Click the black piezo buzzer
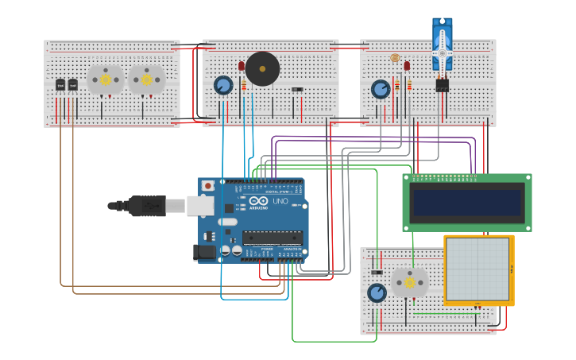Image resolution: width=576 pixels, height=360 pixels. click(262, 69)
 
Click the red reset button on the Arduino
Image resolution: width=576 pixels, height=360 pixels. click(208, 186)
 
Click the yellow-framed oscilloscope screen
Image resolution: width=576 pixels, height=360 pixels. click(477, 269)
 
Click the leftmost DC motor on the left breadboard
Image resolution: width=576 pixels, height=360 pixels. click(105, 79)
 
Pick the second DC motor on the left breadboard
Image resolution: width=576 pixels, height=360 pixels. click(146, 79)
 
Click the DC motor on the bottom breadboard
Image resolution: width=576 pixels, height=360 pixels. click(410, 282)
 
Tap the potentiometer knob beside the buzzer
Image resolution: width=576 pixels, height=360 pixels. click(223, 85)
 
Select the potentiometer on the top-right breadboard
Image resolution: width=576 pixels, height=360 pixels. click(381, 88)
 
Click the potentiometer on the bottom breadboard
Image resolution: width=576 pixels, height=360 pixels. click(377, 293)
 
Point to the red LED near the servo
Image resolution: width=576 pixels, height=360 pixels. click(407, 66)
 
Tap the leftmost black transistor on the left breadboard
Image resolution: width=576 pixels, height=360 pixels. click(60, 84)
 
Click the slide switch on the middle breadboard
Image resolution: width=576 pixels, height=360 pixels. click(296, 90)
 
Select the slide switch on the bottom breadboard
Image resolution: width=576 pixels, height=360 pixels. click(377, 273)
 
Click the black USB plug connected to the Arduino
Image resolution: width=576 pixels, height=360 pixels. click(148, 206)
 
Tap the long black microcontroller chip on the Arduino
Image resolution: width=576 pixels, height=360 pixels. click(273, 237)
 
